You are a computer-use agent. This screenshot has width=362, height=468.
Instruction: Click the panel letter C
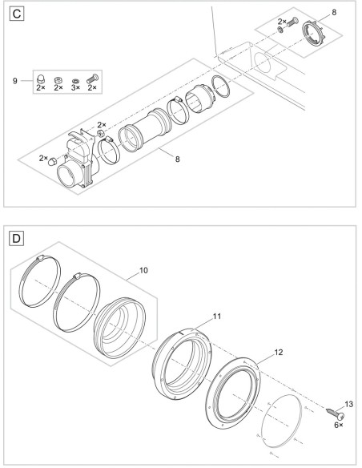click(17, 14)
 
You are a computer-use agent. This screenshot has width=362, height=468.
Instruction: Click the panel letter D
click(17, 239)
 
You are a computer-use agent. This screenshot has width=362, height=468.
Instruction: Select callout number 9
click(15, 81)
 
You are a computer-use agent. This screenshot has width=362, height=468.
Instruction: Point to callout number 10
click(143, 270)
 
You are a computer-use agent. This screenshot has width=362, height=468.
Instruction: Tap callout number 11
click(217, 316)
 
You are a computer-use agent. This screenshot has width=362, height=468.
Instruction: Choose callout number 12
click(278, 353)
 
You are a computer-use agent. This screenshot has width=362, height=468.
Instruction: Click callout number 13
click(348, 404)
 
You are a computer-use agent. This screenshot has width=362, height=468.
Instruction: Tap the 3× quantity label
click(76, 87)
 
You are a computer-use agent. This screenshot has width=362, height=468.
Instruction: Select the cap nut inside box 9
click(40, 79)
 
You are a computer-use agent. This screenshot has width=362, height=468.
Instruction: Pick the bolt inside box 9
click(93, 79)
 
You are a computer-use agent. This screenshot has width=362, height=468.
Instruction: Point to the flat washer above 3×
click(76, 81)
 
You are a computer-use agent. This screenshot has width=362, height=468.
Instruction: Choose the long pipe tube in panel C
click(145, 130)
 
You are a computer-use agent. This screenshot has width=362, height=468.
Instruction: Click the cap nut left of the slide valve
click(53, 161)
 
